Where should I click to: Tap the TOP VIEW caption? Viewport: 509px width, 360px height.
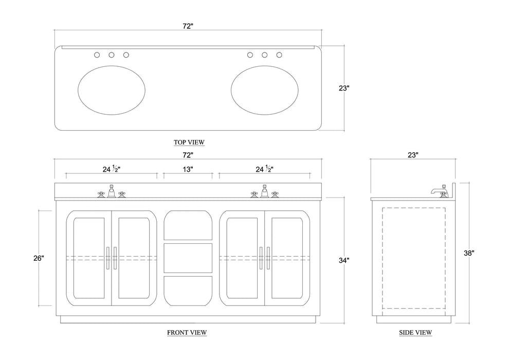click(x=189, y=142)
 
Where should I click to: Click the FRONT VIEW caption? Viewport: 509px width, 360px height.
click(x=187, y=332)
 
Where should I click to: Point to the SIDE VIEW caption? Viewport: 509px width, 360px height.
click(x=415, y=332)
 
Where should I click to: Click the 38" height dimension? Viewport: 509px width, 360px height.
click(x=469, y=253)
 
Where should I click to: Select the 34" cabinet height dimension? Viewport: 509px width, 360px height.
click(x=344, y=260)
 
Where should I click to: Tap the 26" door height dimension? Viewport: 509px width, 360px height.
click(x=39, y=258)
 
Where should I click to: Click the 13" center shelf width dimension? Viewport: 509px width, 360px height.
click(x=188, y=169)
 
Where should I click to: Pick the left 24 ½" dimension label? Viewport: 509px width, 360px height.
click(x=112, y=169)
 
